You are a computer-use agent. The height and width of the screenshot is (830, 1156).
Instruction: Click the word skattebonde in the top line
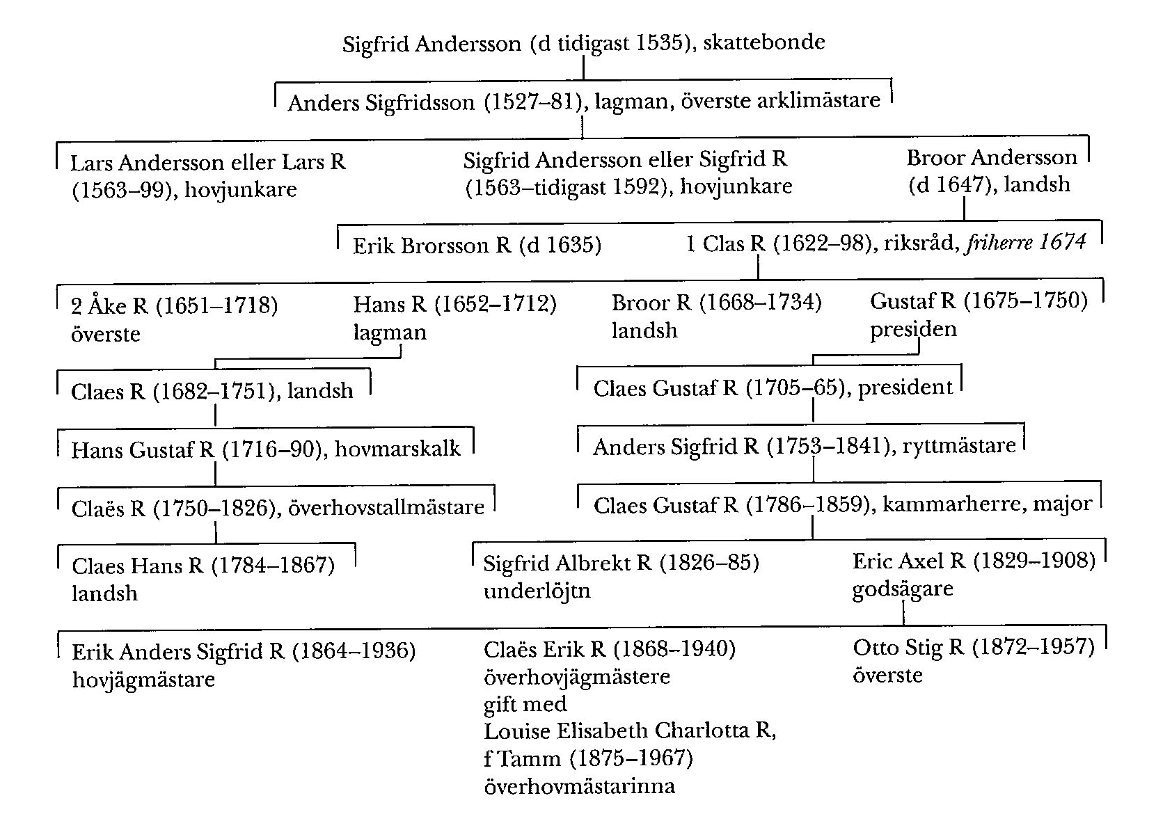764,42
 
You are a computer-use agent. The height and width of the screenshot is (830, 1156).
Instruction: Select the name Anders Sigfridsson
381,103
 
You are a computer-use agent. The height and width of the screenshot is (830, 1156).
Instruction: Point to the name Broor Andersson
991,157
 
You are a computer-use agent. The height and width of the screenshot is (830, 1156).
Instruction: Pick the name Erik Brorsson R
432,246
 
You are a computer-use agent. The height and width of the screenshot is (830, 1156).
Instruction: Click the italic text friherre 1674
1025,243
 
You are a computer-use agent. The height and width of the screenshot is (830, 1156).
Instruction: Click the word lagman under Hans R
390,332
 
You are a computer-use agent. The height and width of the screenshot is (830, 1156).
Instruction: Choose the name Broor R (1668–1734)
716,303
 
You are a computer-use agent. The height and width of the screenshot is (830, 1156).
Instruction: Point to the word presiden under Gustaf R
913,329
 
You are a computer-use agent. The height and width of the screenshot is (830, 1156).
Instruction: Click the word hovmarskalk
397,449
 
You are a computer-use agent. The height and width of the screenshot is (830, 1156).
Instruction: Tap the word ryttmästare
959,445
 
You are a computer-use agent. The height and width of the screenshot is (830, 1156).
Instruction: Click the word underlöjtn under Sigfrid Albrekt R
537,591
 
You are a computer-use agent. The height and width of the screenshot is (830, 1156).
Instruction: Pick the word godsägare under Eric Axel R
903,589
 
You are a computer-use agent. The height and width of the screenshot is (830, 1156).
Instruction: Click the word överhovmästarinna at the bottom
579,787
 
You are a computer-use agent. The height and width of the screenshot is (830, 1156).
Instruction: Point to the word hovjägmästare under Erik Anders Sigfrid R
143,680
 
